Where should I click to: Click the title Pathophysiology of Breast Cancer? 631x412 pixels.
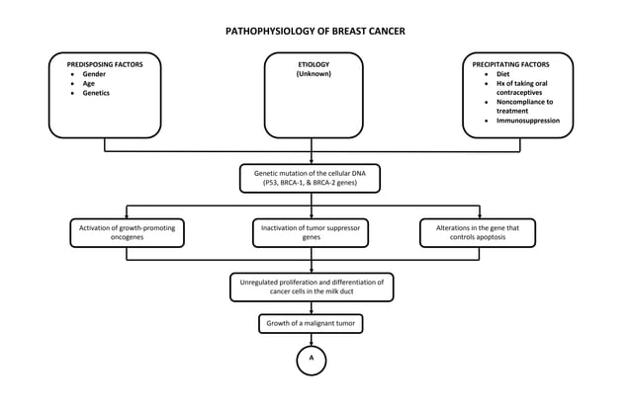315,31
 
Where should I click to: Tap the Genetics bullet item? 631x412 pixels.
99,93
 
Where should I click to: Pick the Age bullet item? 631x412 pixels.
90,84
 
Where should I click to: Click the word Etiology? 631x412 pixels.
314,64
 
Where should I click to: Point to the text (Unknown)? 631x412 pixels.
314,74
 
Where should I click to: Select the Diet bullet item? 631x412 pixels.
503,74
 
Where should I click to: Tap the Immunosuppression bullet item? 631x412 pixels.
528,121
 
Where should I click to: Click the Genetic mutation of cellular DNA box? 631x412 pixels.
311,178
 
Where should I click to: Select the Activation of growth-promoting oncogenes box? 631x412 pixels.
126,232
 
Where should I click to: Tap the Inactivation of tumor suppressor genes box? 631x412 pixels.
311,232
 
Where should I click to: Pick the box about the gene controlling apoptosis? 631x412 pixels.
478,232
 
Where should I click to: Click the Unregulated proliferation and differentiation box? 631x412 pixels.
312,287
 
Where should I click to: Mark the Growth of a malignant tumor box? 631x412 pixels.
312,323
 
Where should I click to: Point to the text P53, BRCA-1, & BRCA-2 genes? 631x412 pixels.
311,184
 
